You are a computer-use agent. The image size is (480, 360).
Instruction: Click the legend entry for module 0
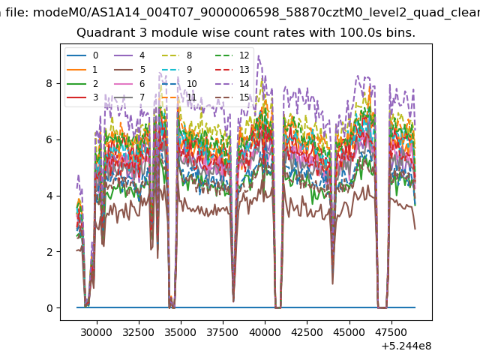(x=82, y=55)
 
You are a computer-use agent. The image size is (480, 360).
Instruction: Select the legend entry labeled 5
(x=130, y=70)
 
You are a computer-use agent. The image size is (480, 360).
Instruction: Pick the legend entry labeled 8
(x=177, y=55)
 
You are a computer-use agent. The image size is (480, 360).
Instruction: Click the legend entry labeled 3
(x=82, y=97)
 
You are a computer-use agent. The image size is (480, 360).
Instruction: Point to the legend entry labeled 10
(x=179, y=83)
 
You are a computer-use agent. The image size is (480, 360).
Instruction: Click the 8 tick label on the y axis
(x=49, y=83)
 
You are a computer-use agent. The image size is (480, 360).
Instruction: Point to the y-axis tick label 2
(x=49, y=252)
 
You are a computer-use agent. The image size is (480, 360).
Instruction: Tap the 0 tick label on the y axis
(x=49, y=308)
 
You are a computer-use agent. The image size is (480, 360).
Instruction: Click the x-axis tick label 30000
(x=97, y=332)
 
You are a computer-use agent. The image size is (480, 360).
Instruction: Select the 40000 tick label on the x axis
(x=265, y=332)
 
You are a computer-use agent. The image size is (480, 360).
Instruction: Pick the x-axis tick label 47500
(x=392, y=332)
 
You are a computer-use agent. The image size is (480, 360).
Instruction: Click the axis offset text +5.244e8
(x=406, y=346)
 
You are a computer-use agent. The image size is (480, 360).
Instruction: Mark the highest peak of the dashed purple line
(x=259, y=55)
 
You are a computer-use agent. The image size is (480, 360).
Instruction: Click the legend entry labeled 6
(x=130, y=83)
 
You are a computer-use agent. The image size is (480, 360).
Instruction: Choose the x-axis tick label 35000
(x=181, y=332)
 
